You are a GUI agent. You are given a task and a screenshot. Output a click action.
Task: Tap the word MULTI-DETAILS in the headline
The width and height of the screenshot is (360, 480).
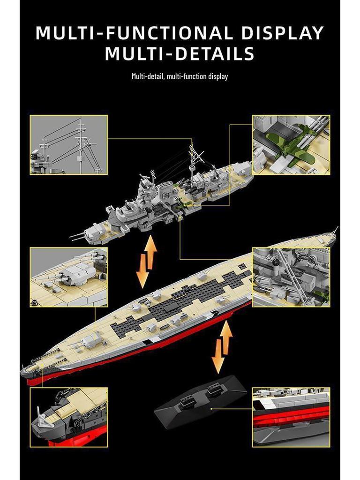point(180,53)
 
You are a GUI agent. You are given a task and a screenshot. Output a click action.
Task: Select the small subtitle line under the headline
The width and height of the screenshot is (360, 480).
point(180,76)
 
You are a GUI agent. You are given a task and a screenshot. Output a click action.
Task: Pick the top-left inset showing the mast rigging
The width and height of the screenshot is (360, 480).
point(69,145)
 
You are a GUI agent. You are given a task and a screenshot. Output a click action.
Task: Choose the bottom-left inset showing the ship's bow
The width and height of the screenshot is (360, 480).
point(69,417)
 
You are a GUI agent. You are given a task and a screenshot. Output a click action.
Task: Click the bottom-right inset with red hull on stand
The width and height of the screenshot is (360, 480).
point(291,417)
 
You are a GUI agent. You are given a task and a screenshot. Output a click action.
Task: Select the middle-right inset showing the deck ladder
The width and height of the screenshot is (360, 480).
point(291,277)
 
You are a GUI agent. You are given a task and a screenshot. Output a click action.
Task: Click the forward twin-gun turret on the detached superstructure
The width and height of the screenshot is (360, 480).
point(96,231)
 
